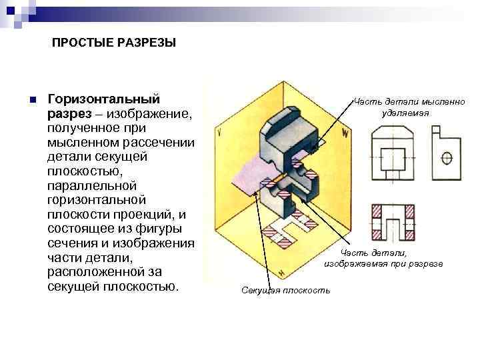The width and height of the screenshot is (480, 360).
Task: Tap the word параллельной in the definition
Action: (x=91, y=185)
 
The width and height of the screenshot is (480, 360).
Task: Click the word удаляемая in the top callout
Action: (x=405, y=113)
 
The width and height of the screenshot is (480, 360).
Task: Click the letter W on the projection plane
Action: (x=345, y=132)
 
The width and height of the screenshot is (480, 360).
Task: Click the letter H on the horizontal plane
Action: (x=282, y=273)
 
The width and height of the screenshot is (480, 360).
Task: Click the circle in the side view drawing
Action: (x=447, y=157)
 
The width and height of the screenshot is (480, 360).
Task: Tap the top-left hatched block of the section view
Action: (x=379, y=211)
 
